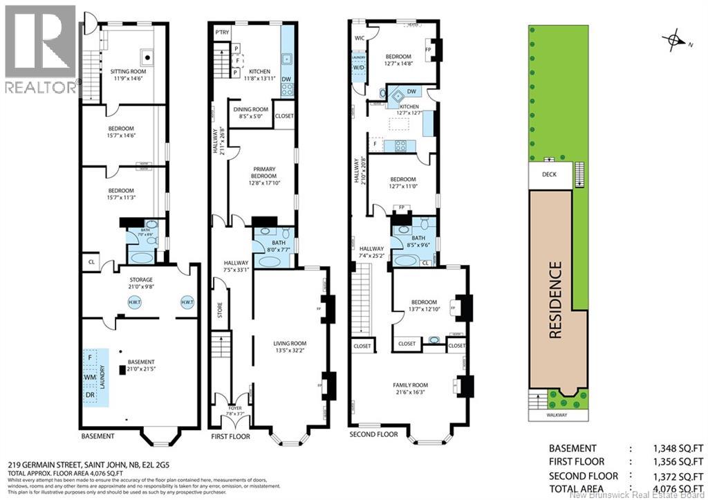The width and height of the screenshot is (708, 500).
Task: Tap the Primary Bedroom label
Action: [262, 173]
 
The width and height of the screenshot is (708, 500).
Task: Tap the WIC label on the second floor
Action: [359, 39]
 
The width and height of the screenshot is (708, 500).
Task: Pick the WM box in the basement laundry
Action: [89, 378]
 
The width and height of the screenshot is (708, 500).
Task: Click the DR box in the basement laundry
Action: [89, 394]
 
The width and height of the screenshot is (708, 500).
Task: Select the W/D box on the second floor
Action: [359, 68]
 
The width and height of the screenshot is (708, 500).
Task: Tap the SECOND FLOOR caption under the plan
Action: [374, 434]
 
